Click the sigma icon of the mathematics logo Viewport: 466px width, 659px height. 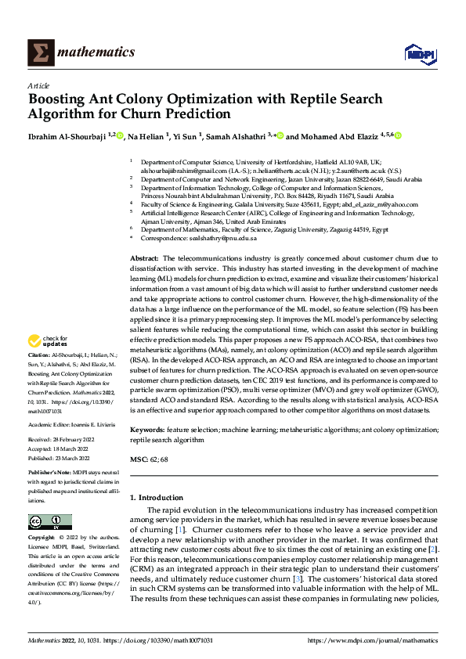38,52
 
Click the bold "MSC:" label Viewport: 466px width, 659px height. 139,459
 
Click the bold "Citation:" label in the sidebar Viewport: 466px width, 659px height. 40,355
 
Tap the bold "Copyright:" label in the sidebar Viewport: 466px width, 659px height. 42,538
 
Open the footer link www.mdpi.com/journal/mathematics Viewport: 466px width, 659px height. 372,639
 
